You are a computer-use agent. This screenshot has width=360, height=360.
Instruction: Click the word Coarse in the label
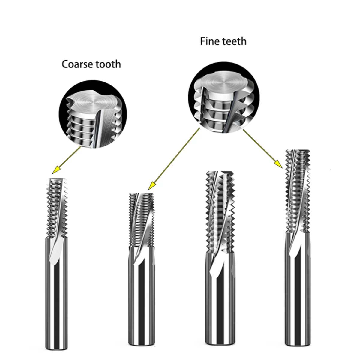pyautogui.click(x=77, y=64)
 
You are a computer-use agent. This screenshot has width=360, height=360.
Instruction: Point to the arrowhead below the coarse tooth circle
pyautogui.click(x=55, y=171)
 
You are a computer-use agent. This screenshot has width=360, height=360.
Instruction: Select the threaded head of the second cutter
pyautogui.click(x=142, y=219)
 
